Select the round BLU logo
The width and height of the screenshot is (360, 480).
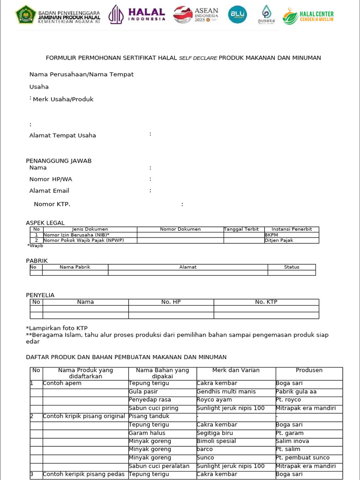point(237,15)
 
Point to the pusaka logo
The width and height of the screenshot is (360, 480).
point(266,15)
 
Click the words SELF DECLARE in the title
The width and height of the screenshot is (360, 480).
point(198,58)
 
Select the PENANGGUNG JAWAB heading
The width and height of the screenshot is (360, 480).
point(59,161)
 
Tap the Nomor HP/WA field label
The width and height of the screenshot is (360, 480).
point(51,179)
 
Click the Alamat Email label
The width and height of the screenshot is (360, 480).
point(49,191)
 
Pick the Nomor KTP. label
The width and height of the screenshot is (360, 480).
point(52,204)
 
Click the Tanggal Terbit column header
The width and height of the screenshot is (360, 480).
point(241,229)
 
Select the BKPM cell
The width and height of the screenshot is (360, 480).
point(271,235)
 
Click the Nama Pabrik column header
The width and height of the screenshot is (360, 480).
point(75,267)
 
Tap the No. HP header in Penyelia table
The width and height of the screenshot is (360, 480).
point(171,302)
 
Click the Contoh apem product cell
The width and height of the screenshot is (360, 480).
point(62,383)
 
